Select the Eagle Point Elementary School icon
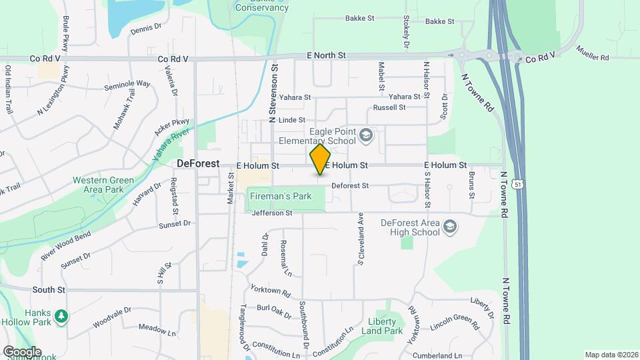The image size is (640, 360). tap(365, 136)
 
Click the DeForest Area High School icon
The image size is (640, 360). tap(451, 227)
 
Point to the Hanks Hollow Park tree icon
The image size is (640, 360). tap(61, 315)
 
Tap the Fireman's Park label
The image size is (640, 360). tap(279, 197)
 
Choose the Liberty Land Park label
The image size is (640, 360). tap(382, 326)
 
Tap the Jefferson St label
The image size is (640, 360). tap(272, 213)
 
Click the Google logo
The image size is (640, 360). tap(22, 351)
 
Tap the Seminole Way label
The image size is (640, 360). tap(127, 86)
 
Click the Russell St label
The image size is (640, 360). tap(389, 107)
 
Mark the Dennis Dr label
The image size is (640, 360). tap(146, 29)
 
